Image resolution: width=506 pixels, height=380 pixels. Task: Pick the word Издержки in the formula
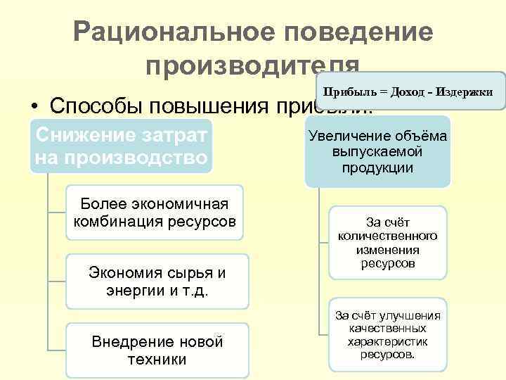(463, 92)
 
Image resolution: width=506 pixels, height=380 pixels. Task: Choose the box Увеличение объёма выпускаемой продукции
(377, 152)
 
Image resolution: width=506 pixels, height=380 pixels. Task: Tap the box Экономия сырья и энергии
(157, 281)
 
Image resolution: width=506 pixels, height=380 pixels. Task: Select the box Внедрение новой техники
(157, 350)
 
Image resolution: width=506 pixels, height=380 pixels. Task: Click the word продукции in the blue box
(377, 167)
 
